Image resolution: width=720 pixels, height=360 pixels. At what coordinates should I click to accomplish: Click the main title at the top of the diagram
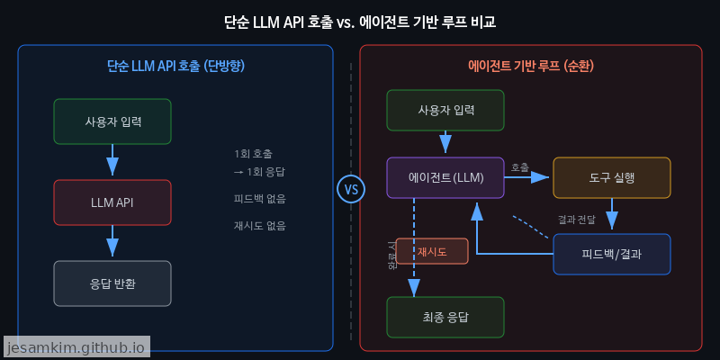tap(359, 21)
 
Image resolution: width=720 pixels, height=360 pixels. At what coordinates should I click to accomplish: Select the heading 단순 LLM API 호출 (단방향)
tap(175, 66)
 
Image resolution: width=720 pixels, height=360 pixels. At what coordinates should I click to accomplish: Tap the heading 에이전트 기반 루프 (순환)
tap(530, 66)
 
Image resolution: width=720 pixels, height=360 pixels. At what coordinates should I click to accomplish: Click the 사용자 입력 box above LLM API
tap(112, 121)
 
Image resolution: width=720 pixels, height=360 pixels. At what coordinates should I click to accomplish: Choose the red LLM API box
tap(112, 202)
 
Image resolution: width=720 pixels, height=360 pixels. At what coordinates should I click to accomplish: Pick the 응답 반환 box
tap(112, 283)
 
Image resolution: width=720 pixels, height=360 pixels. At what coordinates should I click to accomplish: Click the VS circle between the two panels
tap(351, 190)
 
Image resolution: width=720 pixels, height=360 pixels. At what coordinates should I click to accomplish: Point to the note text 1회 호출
tap(253, 153)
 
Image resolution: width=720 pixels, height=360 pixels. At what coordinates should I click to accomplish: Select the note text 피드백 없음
tap(259, 199)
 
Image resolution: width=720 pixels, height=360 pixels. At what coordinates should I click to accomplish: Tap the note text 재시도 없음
tap(259, 226)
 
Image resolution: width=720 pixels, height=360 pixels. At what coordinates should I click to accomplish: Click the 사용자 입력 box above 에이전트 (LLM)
tap(445, 110)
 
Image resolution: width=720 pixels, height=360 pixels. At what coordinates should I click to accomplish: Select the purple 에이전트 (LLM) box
tap(445, 177)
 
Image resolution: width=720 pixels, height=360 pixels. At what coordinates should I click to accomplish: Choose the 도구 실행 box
tap(612, 177)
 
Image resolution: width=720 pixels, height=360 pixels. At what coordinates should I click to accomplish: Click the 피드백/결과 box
tap(612, 254)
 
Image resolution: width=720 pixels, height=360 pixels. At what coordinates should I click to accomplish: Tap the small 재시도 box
tap(432, 251)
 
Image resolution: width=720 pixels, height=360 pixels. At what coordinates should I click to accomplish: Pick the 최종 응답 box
tap(445, 317)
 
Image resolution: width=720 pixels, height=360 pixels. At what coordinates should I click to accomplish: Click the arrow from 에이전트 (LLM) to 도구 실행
tap(527, 177)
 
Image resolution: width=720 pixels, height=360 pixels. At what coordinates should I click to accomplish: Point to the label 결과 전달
tap(576, 219)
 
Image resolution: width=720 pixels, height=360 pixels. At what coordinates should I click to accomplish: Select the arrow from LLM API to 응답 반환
tap(112, 241)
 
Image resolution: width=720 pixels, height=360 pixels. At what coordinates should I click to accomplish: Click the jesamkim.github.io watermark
tap(76, 346)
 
